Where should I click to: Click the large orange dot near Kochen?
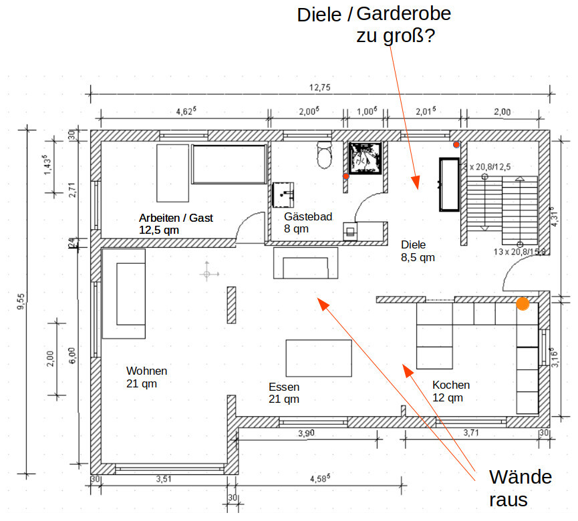[x=523, y=304]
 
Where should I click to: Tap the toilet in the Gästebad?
[x=325, y=156]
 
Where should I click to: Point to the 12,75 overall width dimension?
[x=319, y=88]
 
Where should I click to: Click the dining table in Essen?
[x=319, y=358]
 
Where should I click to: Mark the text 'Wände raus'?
[x=520, y=488]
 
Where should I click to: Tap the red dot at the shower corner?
[x=345, y=176]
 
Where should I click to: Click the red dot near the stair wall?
[x=456, y=144]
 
